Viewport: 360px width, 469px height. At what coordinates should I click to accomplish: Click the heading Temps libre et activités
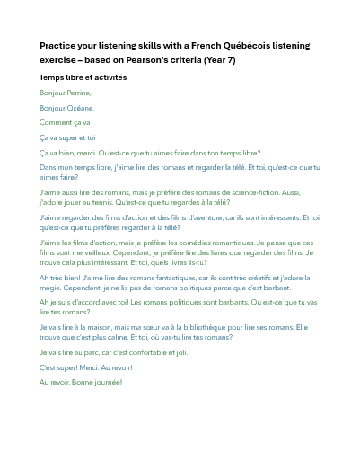click(x=83, y=77)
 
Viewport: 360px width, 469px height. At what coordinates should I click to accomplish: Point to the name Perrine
click(x=78, y=93)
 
